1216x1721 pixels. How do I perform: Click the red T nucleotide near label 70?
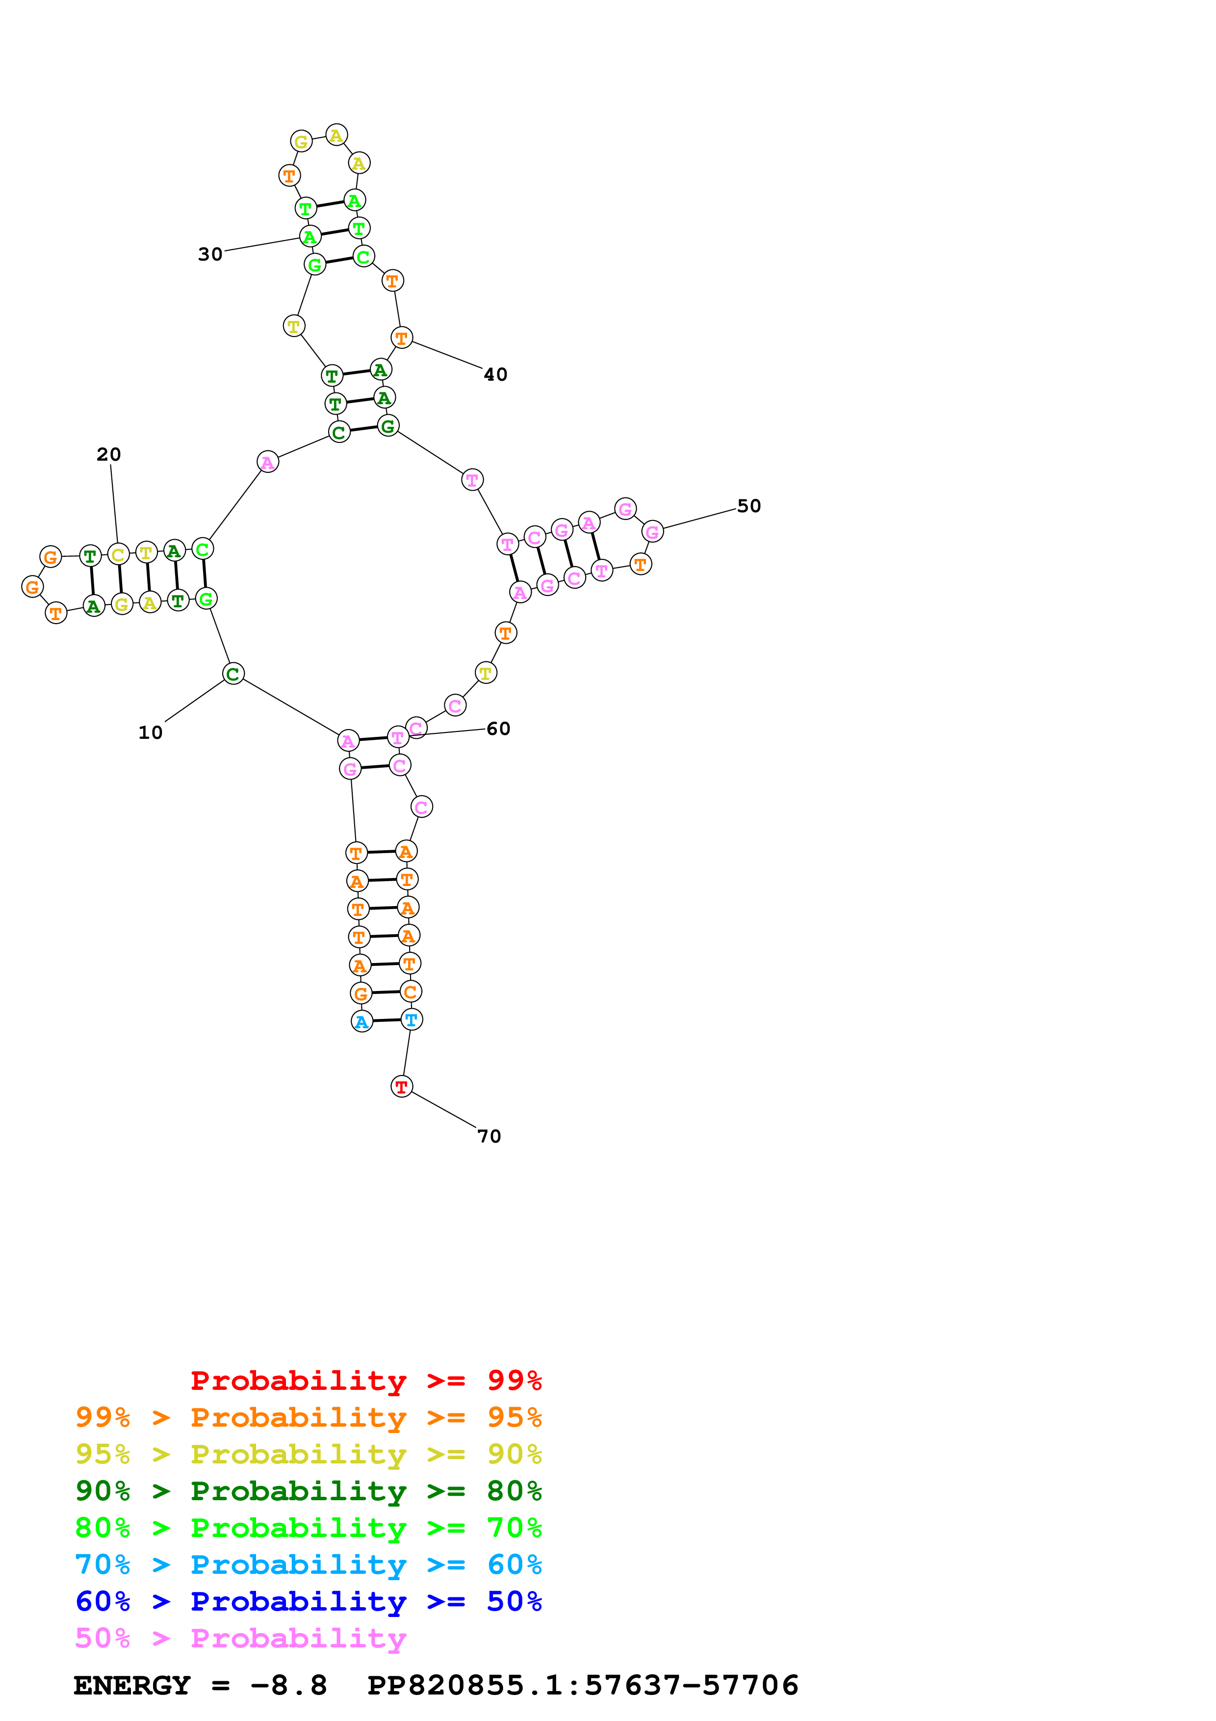(x=402, y=1086)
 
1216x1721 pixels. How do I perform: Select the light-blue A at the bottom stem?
(x=362, y=1021)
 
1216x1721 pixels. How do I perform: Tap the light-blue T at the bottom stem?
(x=412, y=1019)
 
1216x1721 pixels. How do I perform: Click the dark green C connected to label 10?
(x=233, y=674)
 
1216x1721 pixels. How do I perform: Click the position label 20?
(x=108, y=454)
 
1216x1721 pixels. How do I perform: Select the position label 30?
(x=210, y=254)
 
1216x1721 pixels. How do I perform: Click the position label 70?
(x=489, y=1136)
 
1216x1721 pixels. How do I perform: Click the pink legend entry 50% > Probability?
(x=240, y=1637)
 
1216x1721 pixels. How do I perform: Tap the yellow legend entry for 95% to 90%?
(x=308, y=1454)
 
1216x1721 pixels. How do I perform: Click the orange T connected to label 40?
(x=402, y=338)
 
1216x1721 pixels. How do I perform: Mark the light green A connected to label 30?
(x=310, y=237)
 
